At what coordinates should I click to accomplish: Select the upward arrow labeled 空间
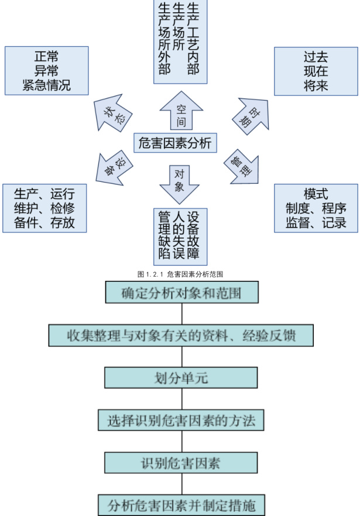point(181,112)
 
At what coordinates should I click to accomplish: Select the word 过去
point(316,59)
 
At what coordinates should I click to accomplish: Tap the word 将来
point(316,85)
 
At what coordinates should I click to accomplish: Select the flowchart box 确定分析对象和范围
point(181,293)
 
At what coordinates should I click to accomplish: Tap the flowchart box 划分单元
point(181,377)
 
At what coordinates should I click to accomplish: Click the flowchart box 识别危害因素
point(181,463)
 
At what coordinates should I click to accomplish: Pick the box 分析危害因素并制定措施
point(181,504)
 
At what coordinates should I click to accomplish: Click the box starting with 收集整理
point(181,335)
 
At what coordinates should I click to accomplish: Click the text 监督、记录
point(316,222)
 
